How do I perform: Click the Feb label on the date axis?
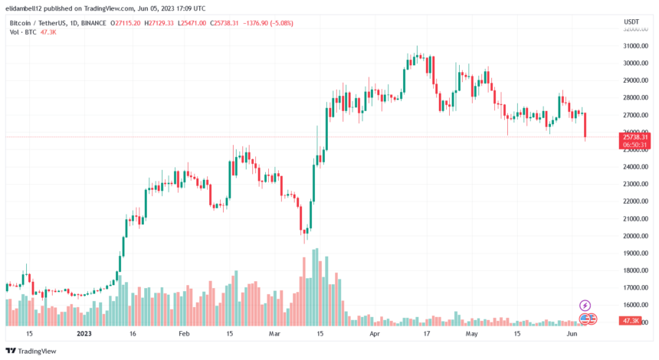[x=183, y=335]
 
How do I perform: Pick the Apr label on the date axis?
[x=375, y=335]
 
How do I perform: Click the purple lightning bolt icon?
[x=585, y=306]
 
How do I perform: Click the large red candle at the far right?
[x=585, y=126]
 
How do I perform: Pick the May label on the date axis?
[x=470, y=335]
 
